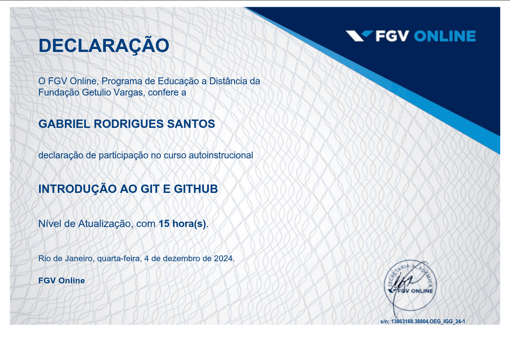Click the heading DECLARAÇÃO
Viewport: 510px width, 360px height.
point(104,46)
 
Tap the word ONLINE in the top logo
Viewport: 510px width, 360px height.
point(445,36)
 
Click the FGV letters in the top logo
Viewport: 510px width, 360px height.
point(392,36)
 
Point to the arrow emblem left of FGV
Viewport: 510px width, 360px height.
point(359,36)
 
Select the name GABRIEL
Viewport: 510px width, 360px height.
point(64,124)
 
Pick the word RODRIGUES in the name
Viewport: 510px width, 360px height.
point(129,124)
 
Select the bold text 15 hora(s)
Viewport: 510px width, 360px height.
point(182,224)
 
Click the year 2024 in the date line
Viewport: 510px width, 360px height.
point(223,259)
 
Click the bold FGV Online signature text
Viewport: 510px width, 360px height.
point(61,281)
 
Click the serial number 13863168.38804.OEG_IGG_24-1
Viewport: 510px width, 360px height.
point(428,321)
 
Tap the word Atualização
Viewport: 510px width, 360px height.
point(104,224)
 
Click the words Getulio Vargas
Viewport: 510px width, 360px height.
point(113,93)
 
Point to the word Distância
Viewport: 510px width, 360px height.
point(228,81)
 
